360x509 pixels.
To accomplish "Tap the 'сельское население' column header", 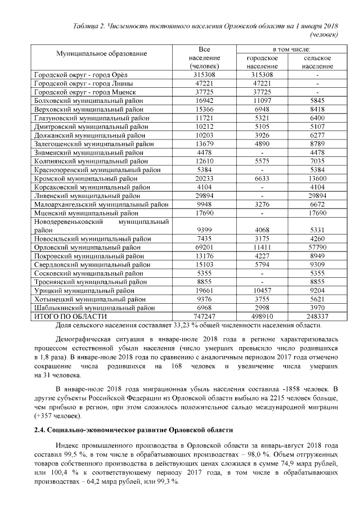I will pos(317,62).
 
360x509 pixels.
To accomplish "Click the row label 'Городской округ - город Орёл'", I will pos(82,75).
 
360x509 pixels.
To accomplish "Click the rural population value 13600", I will pos(317,178).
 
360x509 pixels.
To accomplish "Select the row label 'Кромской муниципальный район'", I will pos(86,178).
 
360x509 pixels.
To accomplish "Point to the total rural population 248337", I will pos(317,317).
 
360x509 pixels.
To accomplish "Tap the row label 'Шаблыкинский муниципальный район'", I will pos(95,308).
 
